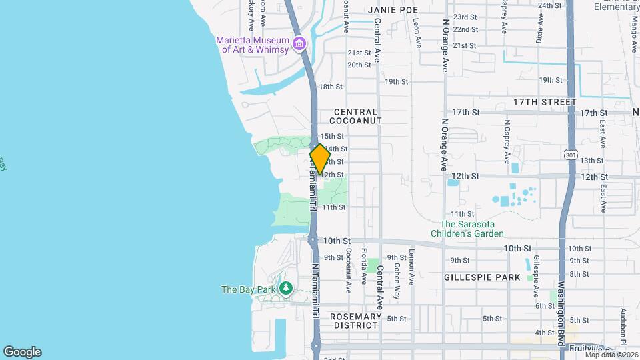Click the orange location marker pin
point(320,159)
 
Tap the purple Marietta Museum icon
point(299,45)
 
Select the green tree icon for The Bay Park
point(286,289)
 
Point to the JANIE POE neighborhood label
point(392,11)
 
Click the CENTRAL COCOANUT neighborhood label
point(357,117)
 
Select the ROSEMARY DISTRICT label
point(356,321)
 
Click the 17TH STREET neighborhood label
point(545,102)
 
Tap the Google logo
point(22,352)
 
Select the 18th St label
point(331,87)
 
